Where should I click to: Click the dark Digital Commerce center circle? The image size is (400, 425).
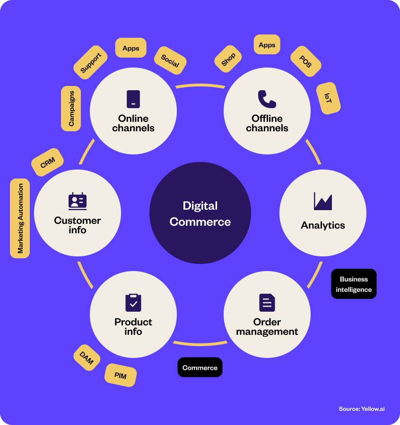pos(200,213)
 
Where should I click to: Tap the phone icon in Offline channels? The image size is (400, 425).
pos(267,99)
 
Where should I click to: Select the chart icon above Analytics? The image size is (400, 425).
pos(323,201)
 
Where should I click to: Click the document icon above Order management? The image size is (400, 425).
pos(267,303)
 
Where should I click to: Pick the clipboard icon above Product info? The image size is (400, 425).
pos(133,303)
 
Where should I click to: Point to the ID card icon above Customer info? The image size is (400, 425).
pos(78,201)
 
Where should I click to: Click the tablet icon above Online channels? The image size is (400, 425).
pos(133,99)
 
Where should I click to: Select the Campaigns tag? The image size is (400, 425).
pos(71,109)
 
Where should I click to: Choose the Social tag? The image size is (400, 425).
pos(170,60)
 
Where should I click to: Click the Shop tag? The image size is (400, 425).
pos(228,59)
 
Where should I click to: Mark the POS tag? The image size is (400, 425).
pos(305,61)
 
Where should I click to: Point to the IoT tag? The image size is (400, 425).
pos(328,98)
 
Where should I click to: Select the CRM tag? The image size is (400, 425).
pos(48,163)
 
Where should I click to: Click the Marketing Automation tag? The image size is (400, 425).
pos(20,218)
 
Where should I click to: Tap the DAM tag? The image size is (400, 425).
pos(87,358)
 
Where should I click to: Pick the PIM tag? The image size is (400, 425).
pos(121,375)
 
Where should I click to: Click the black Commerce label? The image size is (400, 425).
pos(200,367)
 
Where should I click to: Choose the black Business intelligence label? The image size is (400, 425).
pos(354,284)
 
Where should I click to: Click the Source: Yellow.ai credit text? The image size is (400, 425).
pos(362,408)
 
